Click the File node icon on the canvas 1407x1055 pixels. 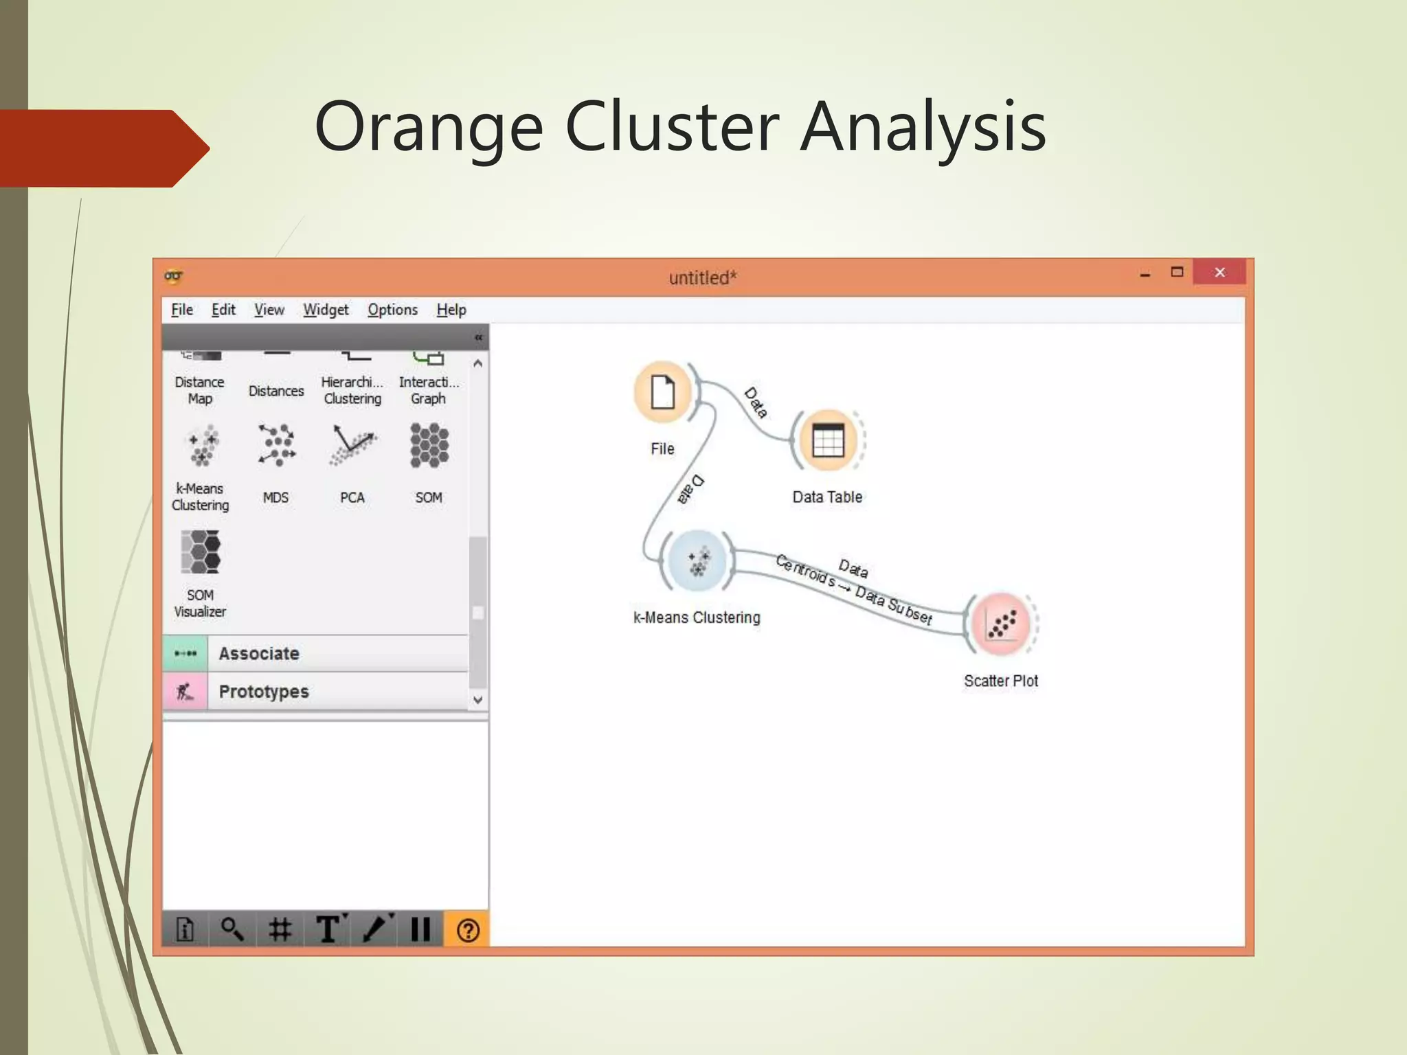click(x=663, y=392)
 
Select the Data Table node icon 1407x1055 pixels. click(x=827, y=440)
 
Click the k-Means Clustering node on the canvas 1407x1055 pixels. click(x=697, y=561)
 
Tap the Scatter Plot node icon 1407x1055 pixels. click(x=1001, y=624)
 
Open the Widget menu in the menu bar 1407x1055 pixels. click(x=326, y=310)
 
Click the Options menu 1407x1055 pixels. click(x=392, y=310)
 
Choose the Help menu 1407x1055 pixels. click(x=451, y=310)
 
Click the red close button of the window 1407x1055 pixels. click(x=1219, y=273)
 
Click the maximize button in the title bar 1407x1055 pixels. click(x=1177, y=273)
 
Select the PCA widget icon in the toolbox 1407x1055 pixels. click(x=352, y=446)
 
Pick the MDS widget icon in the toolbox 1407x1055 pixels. click(x=276, y=446)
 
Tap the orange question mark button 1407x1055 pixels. click(x=467, y=930)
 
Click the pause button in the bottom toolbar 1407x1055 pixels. click(x=420, y=930)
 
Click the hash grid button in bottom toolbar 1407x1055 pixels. click(x=280, y=930)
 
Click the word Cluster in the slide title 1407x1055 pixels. click(x=671, y=127)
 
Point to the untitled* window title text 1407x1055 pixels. click(x=702, y=278)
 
